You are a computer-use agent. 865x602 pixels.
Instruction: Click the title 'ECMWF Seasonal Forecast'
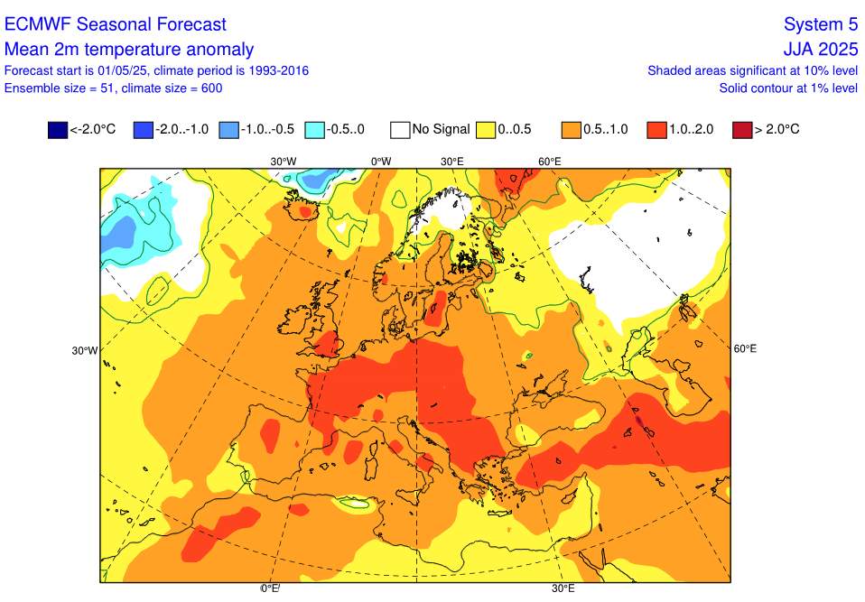(x=116, y=24)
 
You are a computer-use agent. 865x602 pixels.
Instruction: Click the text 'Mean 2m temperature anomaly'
(x=129, y=50)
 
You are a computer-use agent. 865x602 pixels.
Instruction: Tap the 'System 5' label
(x=820, y=24)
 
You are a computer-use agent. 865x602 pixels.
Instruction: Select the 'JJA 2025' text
(x=820, y=50)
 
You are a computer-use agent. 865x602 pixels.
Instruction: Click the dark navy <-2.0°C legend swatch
(x=58, y=130)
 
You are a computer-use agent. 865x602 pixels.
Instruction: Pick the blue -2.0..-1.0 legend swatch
(x=142, y=130)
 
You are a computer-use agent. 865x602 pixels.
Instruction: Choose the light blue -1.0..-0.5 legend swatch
(x=228, y=130)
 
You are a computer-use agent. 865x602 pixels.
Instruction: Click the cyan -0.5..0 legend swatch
(x=315, y=130)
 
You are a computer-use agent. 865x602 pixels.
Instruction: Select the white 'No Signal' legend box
(x=401, y=130)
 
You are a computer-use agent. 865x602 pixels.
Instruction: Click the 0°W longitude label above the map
(x=381, y=161)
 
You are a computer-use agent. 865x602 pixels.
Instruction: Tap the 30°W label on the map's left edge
(x=86, y=350)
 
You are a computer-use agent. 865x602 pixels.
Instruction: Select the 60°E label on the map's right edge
(x=745, y=348)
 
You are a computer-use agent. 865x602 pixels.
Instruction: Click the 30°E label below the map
(x=563, y=588)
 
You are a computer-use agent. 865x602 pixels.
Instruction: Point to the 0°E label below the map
(x=270, y=588)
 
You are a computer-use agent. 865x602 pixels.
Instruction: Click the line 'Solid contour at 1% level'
(x=787, y=88)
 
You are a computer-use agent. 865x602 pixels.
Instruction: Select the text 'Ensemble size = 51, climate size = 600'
(x=113, y=88)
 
